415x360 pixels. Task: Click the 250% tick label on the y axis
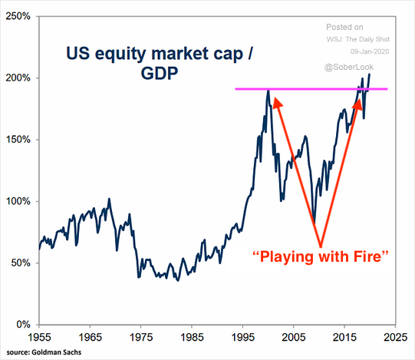click(18, 16)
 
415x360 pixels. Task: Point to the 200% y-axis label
click(18, 78)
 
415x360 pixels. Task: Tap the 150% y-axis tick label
click(18, 140)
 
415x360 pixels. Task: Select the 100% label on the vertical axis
click(18, 201)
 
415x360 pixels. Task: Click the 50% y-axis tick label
click(21, 263)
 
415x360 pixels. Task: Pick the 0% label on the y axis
click(23, 325)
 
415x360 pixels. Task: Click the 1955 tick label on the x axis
click(39, 337)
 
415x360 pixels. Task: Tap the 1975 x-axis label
click(141, 337)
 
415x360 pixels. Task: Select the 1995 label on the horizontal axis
click(242, 337)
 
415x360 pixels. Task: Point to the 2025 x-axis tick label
click(395, 337)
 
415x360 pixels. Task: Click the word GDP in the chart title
click(160, 73)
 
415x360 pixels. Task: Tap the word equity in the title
click(120, 54)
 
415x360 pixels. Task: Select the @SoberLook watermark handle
click(349, 67)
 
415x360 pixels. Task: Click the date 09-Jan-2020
click(370, 51)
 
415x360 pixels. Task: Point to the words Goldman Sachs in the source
click(56, 352)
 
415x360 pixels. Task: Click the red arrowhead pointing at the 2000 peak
click(277, 103)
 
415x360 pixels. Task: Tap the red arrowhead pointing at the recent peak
click(357, 104)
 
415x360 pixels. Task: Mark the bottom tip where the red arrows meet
click(321, 247)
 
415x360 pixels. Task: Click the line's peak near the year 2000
click(268, 91)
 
